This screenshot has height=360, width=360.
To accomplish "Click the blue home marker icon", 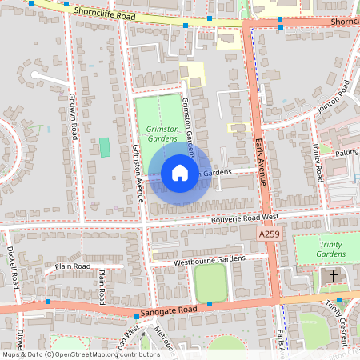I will [179, 173].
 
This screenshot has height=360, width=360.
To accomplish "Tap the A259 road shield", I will [270, 232].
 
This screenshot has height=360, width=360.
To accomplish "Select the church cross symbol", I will [333, 276].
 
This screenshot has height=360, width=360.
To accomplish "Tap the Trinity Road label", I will [317, 161].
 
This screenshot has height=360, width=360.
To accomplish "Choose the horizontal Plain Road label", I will [73, 266].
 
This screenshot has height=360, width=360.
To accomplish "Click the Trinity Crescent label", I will [342, 312].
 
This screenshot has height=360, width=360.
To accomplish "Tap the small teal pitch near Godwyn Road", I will [104, 147].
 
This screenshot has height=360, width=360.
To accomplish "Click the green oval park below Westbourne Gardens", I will [210, 282].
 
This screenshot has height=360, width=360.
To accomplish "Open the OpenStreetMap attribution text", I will [80, 354].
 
